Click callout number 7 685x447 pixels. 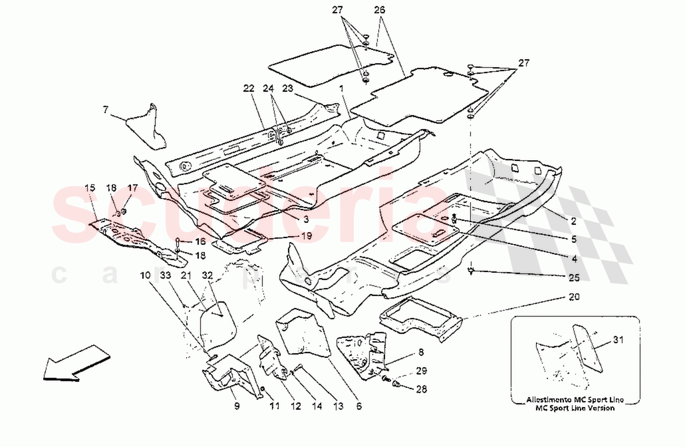(x=105, y=109)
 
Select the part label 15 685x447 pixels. (x=90, y=188)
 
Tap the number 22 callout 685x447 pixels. (x=249, y=88)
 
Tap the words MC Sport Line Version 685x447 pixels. (x=577, y=408)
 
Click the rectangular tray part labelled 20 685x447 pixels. (x=420, y=319)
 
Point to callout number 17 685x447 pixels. (x=133, y=188)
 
